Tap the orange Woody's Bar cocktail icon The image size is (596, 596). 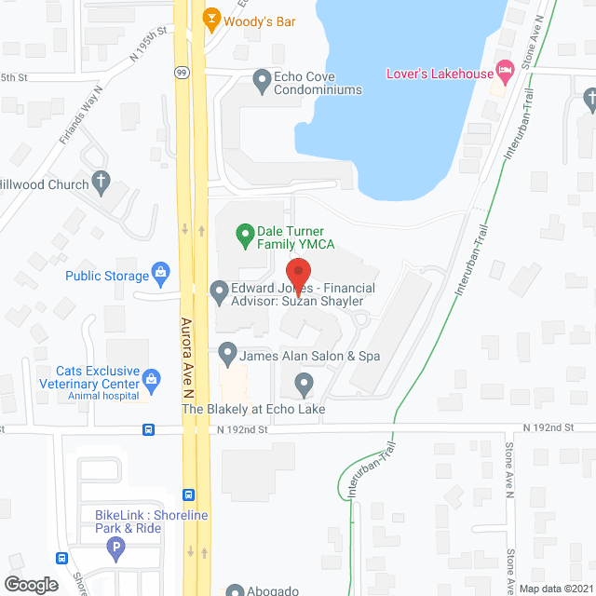(x=211, y=19)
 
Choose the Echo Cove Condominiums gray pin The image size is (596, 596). (x=262, y=81)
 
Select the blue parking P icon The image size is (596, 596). (x=116, y=549)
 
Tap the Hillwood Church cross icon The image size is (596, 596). (x=101, y=183)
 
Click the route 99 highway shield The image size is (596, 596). (x=182, y=71)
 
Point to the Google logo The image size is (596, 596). (x=31, y=584)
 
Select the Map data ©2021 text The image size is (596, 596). (x=555, y=588)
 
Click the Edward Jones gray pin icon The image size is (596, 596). (x=220, y=293)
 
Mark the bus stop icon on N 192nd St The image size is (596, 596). (x=148, y=429)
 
